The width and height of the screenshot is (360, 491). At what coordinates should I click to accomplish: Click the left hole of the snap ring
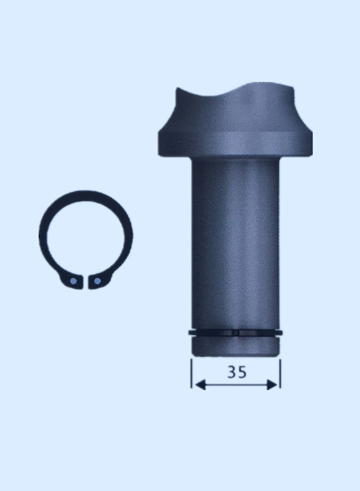click(73, 282)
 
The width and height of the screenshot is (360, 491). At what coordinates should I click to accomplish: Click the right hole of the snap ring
click(98, 281)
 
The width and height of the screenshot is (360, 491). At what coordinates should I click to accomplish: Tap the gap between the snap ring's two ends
click(86, 282)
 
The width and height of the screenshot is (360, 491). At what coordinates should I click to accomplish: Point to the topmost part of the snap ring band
click(85, 195)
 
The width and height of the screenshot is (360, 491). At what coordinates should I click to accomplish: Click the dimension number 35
click(237, 372)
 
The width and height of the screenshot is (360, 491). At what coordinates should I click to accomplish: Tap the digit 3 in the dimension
click(232, 372)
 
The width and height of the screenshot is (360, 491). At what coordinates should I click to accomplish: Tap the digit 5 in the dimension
click(242, 372)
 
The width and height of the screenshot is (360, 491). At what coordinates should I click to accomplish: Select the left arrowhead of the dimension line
click(200, 385)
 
